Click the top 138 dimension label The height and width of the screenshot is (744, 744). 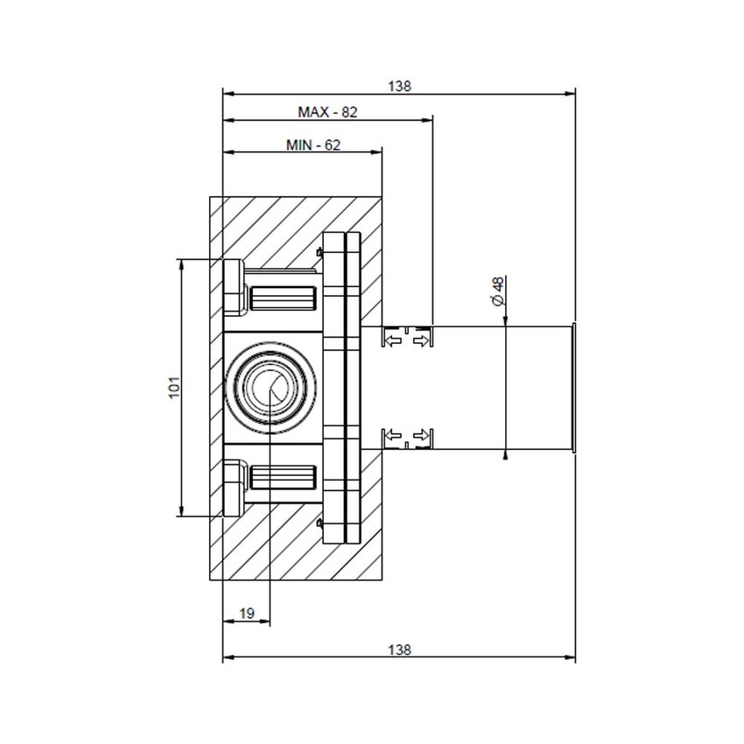[399, 86]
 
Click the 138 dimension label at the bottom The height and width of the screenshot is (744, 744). [399, 649]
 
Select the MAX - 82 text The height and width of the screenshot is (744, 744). [328, 112]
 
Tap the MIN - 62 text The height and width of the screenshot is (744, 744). [312, 145]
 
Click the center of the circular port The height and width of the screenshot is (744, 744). [270, 388]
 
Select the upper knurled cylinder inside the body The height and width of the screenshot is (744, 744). [283, 298]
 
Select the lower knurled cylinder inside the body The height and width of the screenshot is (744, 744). [283, 478]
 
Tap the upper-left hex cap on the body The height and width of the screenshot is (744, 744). [234, 287]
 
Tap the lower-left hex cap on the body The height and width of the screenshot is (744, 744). [234, 488]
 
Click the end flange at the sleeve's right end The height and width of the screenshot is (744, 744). [573, 388]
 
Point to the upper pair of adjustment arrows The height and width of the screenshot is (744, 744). [408, 339]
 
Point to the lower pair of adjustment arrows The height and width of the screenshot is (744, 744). [408, 435]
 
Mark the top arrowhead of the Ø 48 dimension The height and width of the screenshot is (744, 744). [506, 321]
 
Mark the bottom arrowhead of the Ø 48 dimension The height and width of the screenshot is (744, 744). [506, 453]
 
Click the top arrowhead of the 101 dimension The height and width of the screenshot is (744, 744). [181, 263]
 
